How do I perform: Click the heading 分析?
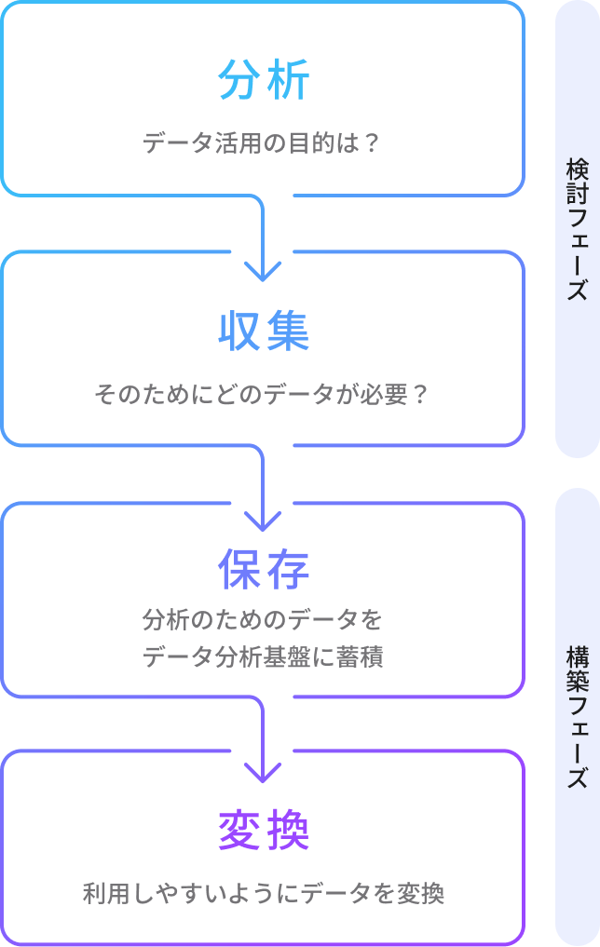[x=263, y=80]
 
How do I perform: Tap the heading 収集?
[x=263, y=331]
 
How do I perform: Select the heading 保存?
[x=263, y=570]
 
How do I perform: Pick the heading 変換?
[x=263, y=831]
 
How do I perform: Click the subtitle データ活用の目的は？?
[x=263, y=144]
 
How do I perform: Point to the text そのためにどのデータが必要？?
[x=262, y=395]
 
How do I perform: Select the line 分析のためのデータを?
[x=262, y=619]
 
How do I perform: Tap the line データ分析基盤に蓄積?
[x=263, y=657]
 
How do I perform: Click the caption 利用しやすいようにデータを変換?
[x=263, y=895]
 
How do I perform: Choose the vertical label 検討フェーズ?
[x=578, y=229]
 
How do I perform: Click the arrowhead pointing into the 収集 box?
[x=263, y=271]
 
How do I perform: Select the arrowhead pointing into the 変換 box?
[x=263, y=772]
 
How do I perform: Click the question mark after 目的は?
[x=373, y=144]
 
